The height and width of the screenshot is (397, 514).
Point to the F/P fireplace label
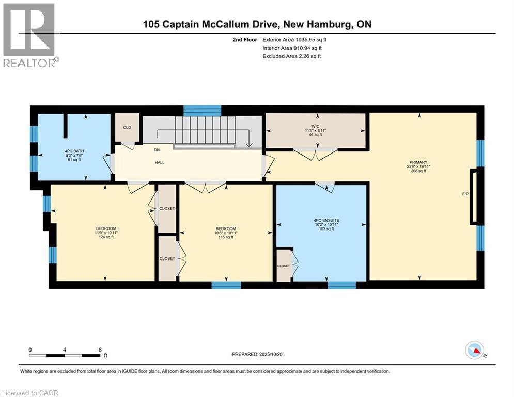coord(465,195)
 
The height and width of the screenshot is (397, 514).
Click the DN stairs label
coord(158,150)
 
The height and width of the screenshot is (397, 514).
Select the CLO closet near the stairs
coord(127,126)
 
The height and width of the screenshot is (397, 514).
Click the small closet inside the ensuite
coord(284,266)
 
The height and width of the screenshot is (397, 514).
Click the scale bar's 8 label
coord(99,349)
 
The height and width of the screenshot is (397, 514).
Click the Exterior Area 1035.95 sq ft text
coord(294,39)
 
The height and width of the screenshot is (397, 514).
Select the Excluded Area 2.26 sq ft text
coord(291,56)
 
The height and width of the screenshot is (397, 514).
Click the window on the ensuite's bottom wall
coord(341,285)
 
